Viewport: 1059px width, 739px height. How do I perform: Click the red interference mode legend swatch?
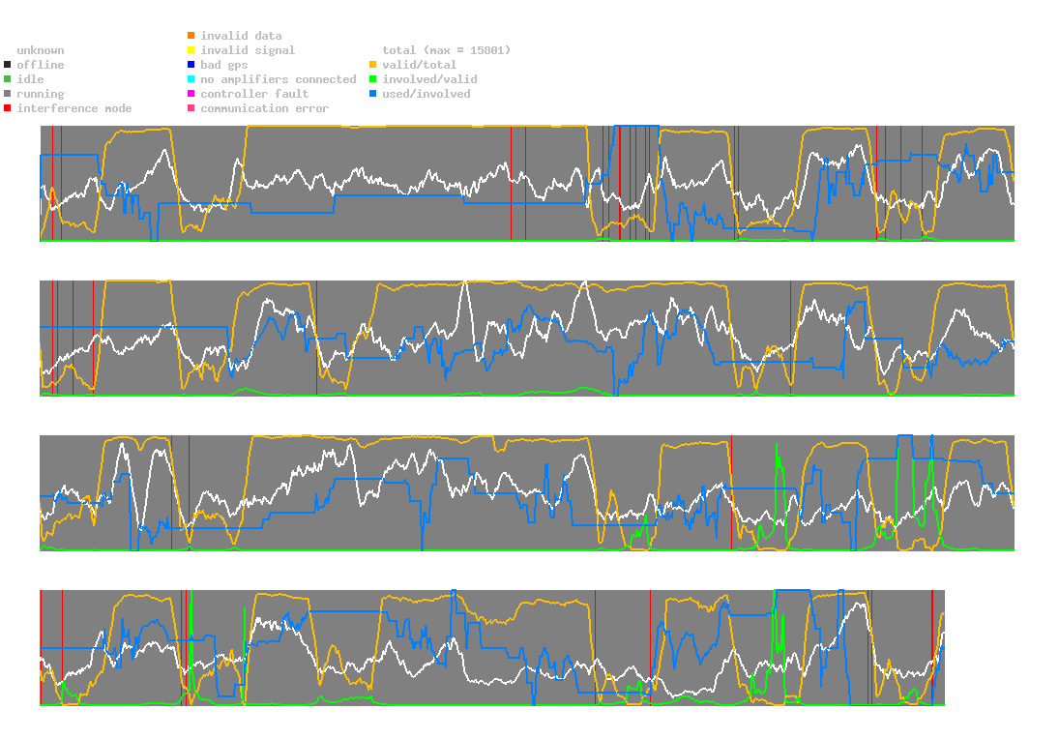(x=8, y=108)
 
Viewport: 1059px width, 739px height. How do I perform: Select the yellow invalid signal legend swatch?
(x=191, y=50)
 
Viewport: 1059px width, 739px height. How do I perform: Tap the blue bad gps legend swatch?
(x=191, y=65)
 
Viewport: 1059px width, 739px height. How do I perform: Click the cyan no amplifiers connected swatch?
(x=191, y=79)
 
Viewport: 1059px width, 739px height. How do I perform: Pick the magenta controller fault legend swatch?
(x=191, y=94)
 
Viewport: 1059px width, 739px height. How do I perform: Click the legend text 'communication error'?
(x=264, y=108)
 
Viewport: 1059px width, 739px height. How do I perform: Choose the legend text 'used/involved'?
(x=427, y=94)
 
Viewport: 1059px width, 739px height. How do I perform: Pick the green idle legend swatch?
(x=8, y=79)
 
